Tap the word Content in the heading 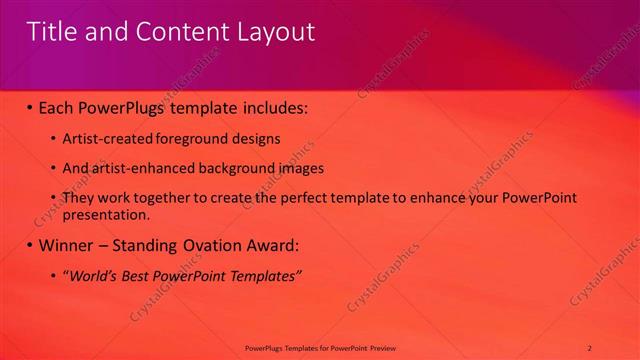point(178,32)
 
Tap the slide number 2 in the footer point(590,347)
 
